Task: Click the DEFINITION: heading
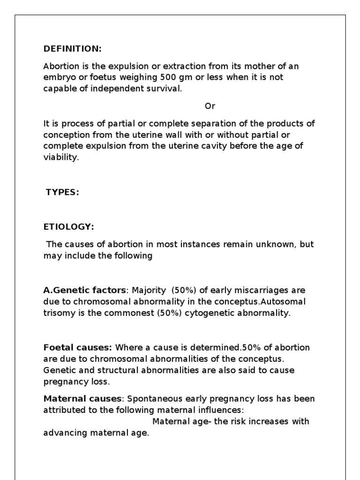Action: tap(72, 49)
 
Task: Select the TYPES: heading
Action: tap(62, 193)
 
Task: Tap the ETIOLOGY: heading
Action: tap(68, 227)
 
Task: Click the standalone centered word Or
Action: tap(210, 106)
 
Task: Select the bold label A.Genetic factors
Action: tap(84, 291)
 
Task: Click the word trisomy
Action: tap(58, 313)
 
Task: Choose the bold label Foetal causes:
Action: tap(78, 348)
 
